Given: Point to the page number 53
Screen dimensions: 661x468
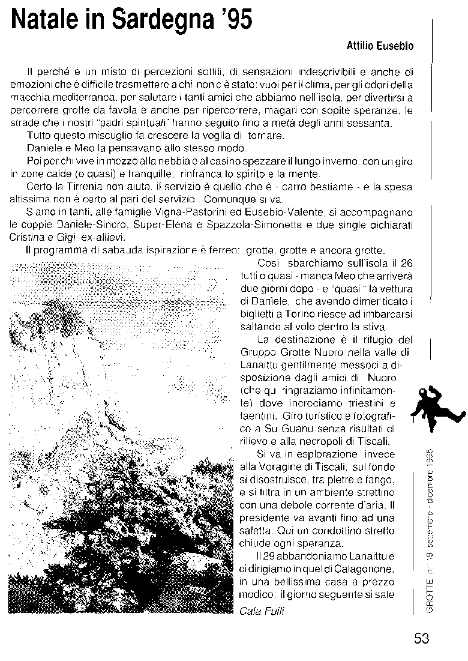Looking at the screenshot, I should click(x=421, y=638).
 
